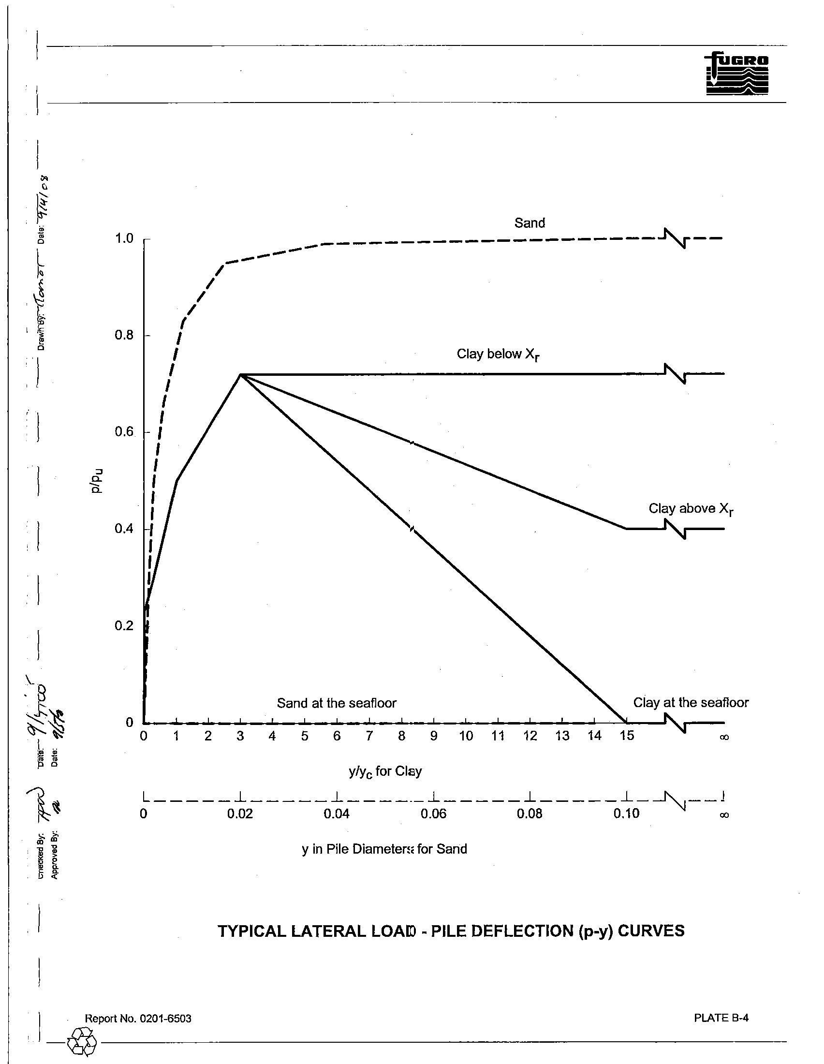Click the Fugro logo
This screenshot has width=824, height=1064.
737,73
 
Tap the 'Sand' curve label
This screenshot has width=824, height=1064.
530,223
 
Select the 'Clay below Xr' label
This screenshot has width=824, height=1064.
498,355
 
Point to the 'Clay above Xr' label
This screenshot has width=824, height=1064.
691,509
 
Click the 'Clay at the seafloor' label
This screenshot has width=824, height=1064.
691,703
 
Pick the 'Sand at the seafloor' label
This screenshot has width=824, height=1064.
337,703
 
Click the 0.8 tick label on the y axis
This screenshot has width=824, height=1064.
124,335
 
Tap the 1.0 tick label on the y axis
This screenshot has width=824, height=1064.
124,239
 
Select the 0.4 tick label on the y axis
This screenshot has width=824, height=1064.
124,529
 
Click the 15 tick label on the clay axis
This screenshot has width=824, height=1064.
627,736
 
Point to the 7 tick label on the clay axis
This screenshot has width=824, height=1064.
369,736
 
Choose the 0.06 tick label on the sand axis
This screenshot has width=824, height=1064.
433,814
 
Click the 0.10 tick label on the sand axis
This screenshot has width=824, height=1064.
626,814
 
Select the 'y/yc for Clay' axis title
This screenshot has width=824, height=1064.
385,772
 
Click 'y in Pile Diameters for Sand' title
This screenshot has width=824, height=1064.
384,849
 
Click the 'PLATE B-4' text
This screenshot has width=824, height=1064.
721,1018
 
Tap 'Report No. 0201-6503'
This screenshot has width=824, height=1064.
138,1019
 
